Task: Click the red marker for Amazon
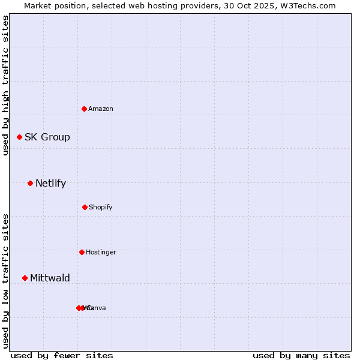click(x=85, y=109)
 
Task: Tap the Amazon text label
click(x=101, y=109)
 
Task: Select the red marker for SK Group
click(x=19, y=137)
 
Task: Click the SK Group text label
click(x=47, y=137)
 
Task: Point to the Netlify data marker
click(x=30, y=183)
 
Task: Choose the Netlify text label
click(x=51, y=183)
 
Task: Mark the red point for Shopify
click(x=85, y=207)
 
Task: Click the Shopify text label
click(x=101, y=207)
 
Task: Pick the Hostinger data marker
click(x=82, y=252)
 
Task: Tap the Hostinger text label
click(x=101, y=252)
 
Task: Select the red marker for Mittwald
click(x=25, y=278)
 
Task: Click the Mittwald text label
click(x=50, y=278)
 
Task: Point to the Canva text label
click(x=97, y=308)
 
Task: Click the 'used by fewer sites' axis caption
click(x=62, y=355)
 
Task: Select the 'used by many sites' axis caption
click(x=301, y=355)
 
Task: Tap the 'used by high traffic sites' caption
click(x=5, y=85)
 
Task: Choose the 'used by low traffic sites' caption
click(x=5, y=281)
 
